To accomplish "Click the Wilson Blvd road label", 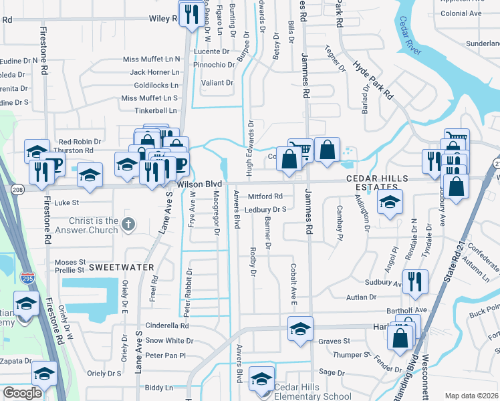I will [199, 184].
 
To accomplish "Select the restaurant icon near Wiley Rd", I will [192, 14].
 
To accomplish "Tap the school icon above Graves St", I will [300, 328].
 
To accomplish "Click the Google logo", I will [22, 394].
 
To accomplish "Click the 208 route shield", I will [17, 190].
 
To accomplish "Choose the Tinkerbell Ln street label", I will [155, 110].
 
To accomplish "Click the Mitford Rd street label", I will [265, 196].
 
